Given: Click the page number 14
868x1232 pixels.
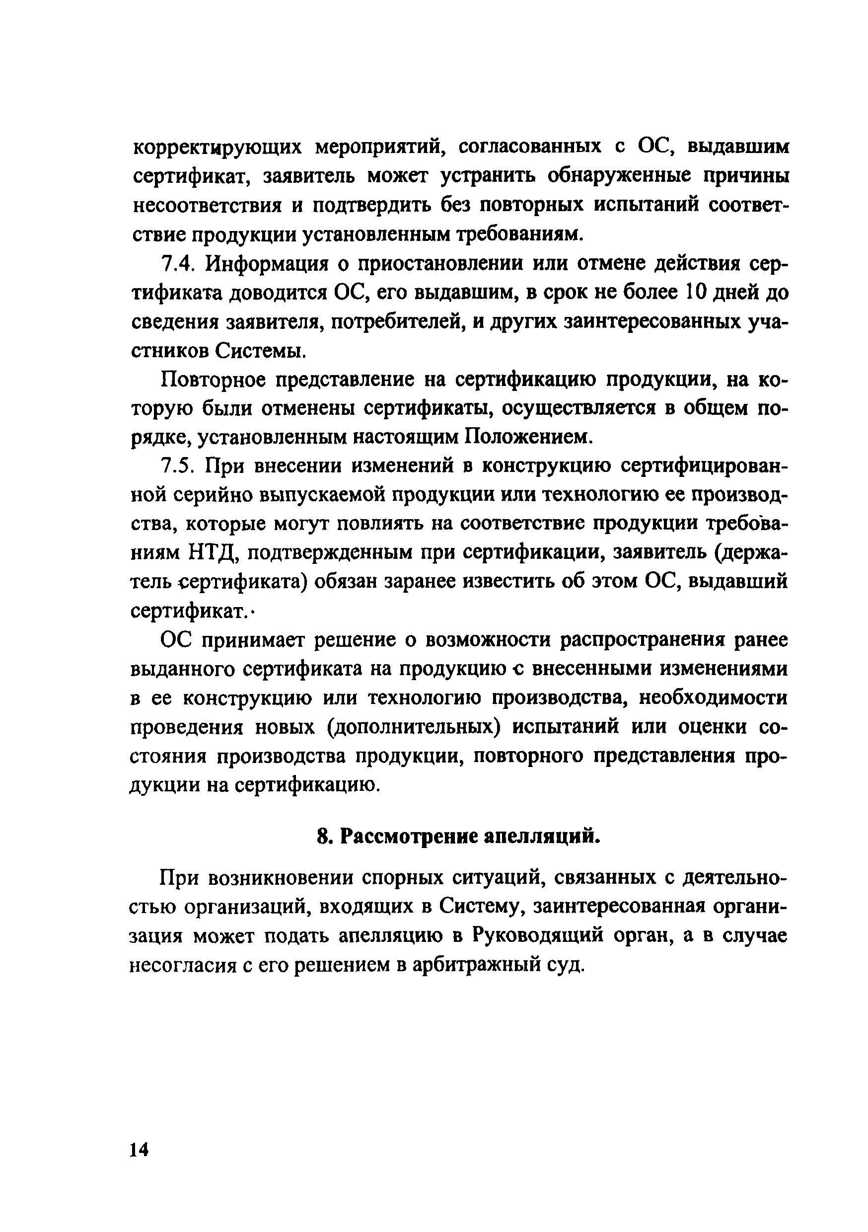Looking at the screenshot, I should click(139, 1149).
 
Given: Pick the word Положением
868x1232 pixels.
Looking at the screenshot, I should click(528, 438).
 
